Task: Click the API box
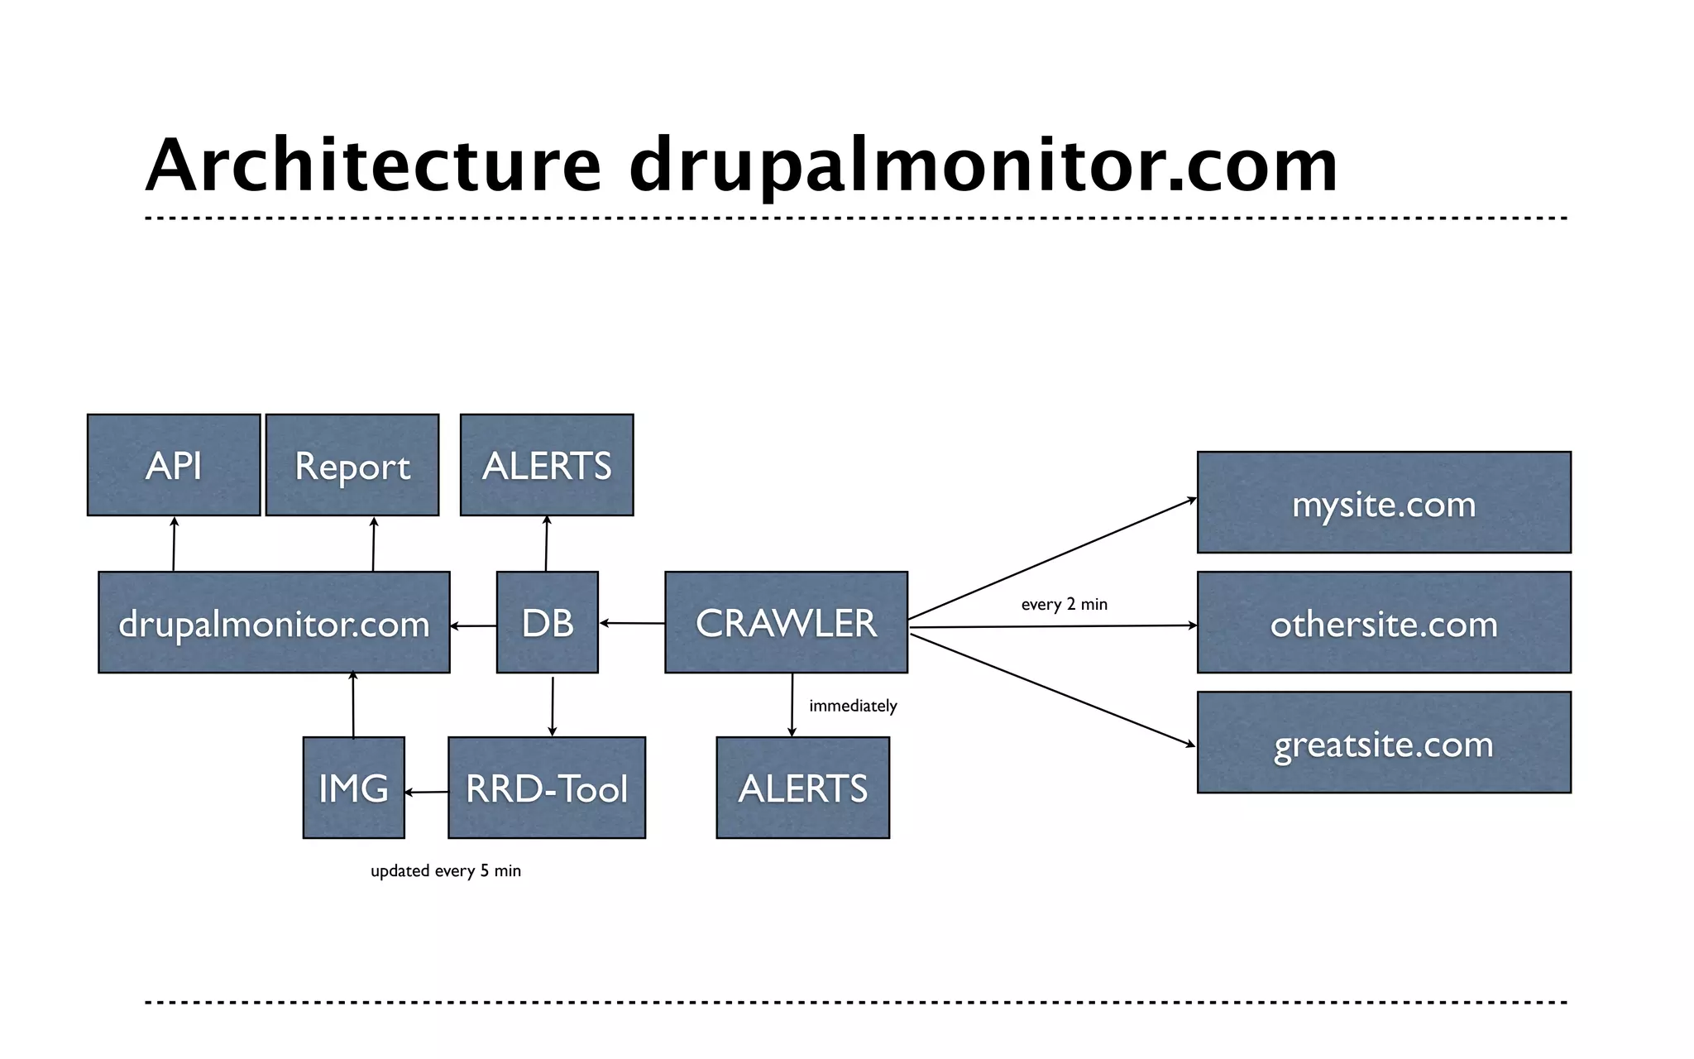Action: tap(174, 465)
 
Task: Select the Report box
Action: tap(352, 465)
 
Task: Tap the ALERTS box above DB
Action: tap(547, 465)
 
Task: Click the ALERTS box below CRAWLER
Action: tap(802, 788)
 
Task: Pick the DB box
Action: tap(548, 622)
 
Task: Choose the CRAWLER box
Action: tap(786, 622)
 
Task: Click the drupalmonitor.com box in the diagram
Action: tap(274, 622)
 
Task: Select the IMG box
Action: tap(354, 788)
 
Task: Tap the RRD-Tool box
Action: tap(547, 788)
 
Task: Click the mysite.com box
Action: tap(1384, 502)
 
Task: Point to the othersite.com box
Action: tap(1384, 622)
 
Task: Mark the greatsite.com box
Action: tap(1384, 742)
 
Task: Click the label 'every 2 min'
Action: tap(1064, 605)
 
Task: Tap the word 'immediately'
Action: tap(853, 706)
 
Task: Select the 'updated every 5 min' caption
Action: tap(446, 870)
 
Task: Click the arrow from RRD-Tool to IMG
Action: tap(427, 793)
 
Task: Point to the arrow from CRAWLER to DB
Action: tap(632, 623)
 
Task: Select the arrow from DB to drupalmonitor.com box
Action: tap(473, 626)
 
